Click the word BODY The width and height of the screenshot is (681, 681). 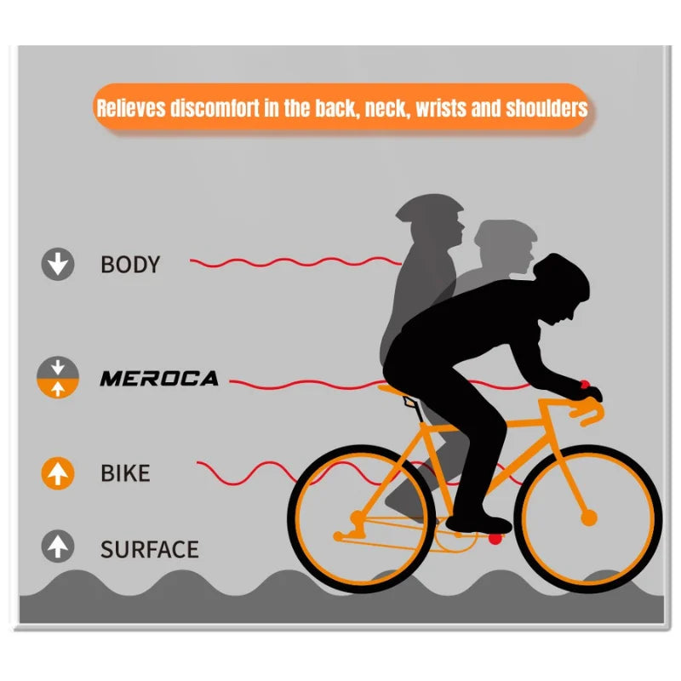130,264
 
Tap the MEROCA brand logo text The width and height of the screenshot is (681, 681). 159,378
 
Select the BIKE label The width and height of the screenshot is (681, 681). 125,473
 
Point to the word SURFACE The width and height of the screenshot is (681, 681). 150,549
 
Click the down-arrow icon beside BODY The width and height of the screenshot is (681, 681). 58,264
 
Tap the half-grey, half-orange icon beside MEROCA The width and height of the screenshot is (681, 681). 58,377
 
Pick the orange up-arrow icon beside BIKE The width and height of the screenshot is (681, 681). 58,473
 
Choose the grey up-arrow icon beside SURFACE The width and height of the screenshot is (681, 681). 58,547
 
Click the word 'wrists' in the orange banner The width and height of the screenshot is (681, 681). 441,108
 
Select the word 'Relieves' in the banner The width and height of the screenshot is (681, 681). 131,108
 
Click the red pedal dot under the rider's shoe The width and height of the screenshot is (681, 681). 495,539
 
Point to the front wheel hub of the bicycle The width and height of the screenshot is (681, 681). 589,518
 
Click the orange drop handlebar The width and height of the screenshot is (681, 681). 582,409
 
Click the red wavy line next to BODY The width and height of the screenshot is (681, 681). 295,262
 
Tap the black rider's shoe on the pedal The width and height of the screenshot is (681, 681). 478,524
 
